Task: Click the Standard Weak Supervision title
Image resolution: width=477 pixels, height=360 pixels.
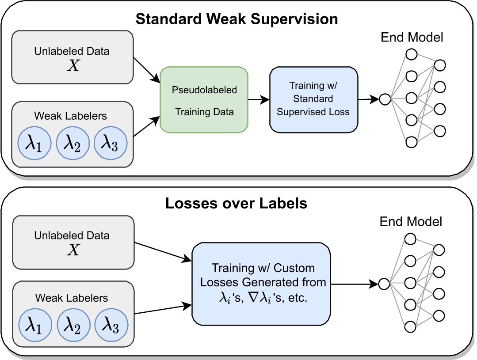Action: [x=237, y=19]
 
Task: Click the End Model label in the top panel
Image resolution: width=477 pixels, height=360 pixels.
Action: [x=412, y=37]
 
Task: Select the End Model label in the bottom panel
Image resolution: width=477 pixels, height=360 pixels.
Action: [x=412, y=222]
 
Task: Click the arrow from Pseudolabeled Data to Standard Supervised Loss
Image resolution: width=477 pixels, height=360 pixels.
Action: [x=258, y=99]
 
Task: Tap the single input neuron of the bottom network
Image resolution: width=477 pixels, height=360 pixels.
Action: [x=384, y=283]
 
